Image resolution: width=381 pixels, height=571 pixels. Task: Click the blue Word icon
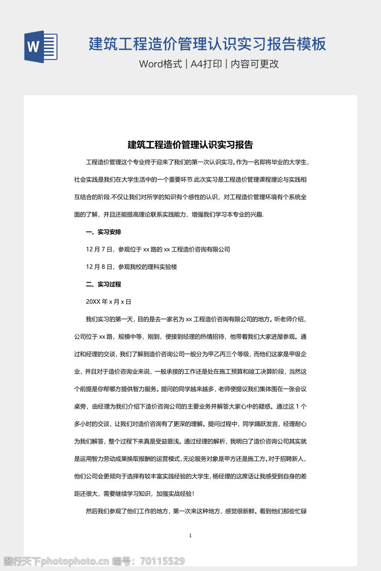click(41, 47)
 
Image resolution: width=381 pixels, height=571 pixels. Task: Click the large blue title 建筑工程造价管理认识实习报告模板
click(207, 44)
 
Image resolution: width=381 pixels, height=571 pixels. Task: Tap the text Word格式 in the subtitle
click(160, 64)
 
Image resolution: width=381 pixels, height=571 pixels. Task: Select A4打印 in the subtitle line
click(206, 64)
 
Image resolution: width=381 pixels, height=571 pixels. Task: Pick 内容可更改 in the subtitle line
click(255, 64)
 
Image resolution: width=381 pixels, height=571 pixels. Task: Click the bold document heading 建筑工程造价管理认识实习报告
click(190, 145)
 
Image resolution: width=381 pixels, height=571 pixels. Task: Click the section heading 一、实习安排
click(103, 232)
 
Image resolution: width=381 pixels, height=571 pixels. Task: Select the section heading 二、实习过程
click(103, 284)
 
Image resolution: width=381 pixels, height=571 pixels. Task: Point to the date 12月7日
click(99, 249)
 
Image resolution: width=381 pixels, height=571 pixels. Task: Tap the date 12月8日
click(99, 267)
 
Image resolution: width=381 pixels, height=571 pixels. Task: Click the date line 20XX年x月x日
click(108, 302)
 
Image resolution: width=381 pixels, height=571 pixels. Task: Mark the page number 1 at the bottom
click(190, 536)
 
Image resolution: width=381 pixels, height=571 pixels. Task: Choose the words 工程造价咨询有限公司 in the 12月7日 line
click(201, 249)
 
